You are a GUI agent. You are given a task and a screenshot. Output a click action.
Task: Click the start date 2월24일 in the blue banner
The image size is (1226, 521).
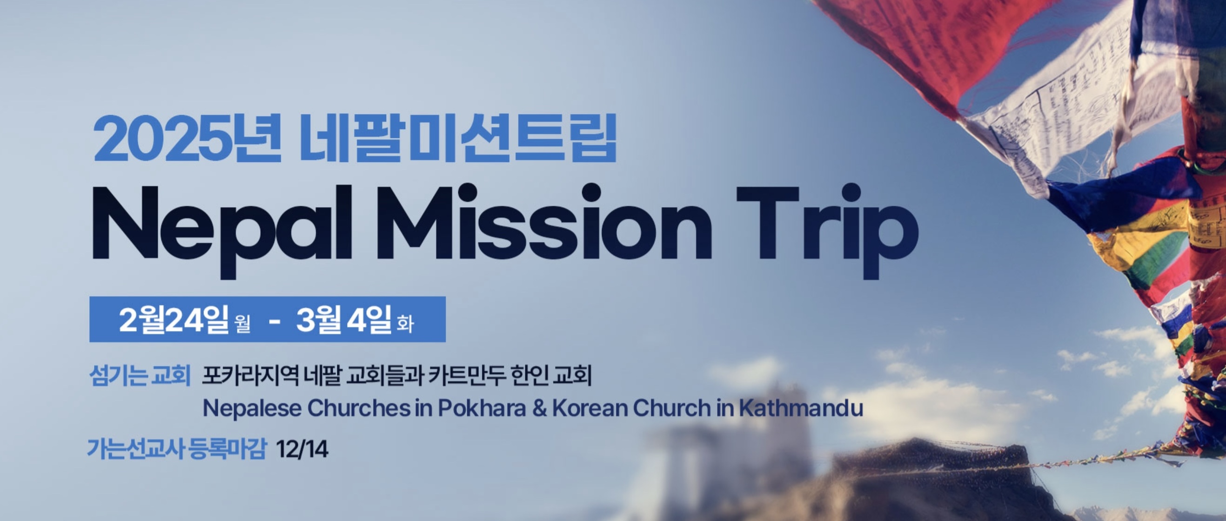tap(174, 319)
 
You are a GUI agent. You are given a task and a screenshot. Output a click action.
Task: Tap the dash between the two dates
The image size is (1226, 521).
tap(274, 321)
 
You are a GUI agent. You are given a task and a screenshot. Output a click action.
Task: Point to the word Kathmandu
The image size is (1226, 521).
tap(801, 408)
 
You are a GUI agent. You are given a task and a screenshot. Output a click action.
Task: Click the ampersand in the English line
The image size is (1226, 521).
tap(540, 409)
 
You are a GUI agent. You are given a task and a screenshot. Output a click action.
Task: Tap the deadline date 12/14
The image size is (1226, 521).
tap(302, 449)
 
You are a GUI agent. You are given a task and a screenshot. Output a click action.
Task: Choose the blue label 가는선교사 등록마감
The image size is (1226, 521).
tap(176, 449)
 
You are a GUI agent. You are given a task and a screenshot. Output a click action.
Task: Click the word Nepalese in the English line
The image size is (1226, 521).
tap(252, 409)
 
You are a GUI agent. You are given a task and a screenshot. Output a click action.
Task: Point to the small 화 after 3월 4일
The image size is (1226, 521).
tap(406, 325)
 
